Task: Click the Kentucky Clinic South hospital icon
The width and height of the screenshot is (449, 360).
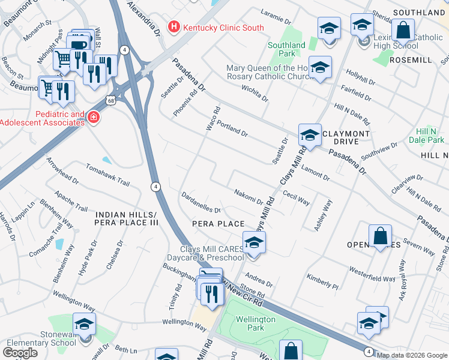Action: point(174,26)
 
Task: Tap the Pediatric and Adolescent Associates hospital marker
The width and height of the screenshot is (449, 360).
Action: point(93,118)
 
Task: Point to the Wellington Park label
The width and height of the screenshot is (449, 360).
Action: point(255,324)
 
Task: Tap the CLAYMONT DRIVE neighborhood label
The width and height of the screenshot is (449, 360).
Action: point(348,137)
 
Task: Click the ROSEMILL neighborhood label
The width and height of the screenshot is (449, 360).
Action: point(411,61)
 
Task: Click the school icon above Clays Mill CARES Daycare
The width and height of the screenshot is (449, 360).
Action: point(254,242)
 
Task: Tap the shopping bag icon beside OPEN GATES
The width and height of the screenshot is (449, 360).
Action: point(381,236)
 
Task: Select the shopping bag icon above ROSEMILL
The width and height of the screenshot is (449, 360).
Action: point(402,30)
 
